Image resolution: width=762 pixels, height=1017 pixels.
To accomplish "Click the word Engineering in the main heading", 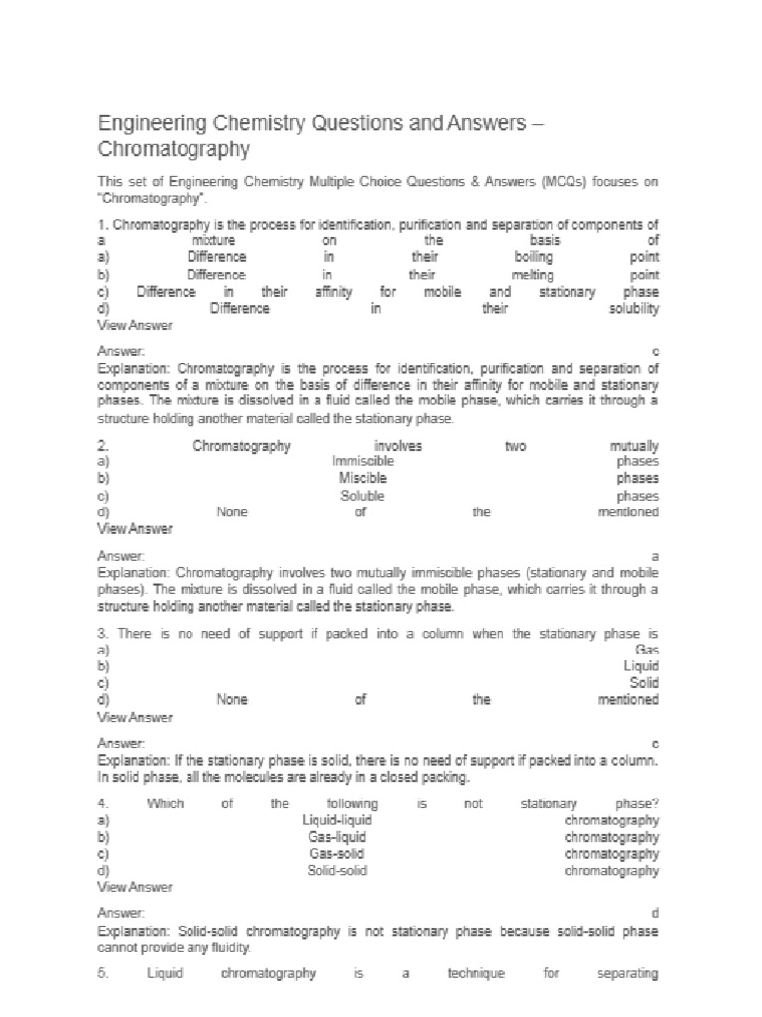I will pos(146,124).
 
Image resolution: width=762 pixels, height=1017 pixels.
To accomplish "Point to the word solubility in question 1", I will pos(633,309).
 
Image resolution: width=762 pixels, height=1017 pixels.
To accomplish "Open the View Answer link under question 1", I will pos(134,325).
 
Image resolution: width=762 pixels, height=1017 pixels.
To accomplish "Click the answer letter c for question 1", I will pos(655,353).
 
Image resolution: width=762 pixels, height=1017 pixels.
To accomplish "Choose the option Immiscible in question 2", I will pos(363,462).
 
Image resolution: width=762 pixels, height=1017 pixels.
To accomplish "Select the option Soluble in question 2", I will pos(362,496).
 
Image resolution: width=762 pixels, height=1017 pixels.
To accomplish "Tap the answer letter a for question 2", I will pos(655,557).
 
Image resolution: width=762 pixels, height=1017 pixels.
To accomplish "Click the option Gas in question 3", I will pos(647,650).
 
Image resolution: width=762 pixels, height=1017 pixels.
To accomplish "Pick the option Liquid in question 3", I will pos(641,666).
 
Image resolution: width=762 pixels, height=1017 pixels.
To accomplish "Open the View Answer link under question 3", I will pos(134,717).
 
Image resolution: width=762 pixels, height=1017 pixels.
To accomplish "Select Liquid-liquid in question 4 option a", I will pos(337,820).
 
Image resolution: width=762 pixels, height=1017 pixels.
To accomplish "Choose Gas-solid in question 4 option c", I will pos(337,854).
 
